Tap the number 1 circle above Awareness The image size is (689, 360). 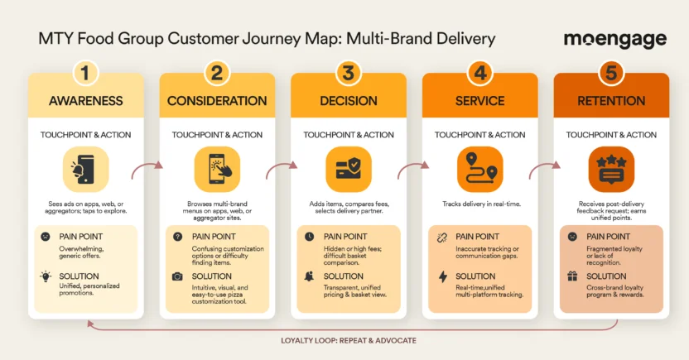(85, 73)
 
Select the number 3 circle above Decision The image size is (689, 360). (348, 73)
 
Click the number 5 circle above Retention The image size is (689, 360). (611, 73)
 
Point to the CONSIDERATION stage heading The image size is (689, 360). (217, 101)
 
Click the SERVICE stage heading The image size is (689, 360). (479, 101)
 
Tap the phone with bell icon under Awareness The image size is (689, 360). (85, 170)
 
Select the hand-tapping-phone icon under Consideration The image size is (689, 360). (217, 170)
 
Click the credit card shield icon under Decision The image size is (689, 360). (348, 170)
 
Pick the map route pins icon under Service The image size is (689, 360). (479, 170)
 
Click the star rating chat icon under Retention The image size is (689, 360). (611, 170)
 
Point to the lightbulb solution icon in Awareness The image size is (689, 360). (45, 276)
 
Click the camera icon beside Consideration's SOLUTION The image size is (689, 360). (177, 276)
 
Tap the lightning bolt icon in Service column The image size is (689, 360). (441, 276)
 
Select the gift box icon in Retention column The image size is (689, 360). (572, 276)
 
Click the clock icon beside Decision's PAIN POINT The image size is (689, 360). (309, 237)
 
